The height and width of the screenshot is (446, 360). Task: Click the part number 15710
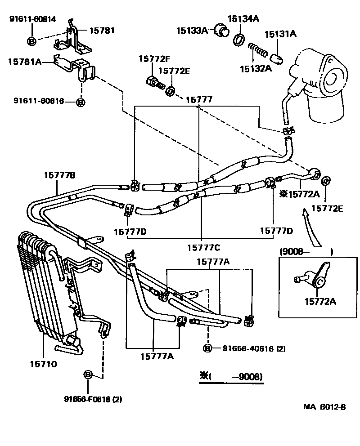tap(44, 364)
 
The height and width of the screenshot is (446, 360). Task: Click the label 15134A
tap(243, 19)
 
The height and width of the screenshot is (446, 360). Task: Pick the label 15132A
tap(255, 68)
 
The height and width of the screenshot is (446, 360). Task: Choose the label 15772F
tap(154, 59)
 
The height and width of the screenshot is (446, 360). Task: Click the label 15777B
tap(59, 175)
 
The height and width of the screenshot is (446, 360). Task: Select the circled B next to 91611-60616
tap(81, 102)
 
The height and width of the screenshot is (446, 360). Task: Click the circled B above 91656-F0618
tap(88, 374)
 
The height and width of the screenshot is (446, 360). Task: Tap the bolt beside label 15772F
tap(154, 82)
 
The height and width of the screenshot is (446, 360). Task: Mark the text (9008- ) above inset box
tap(306, 252)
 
